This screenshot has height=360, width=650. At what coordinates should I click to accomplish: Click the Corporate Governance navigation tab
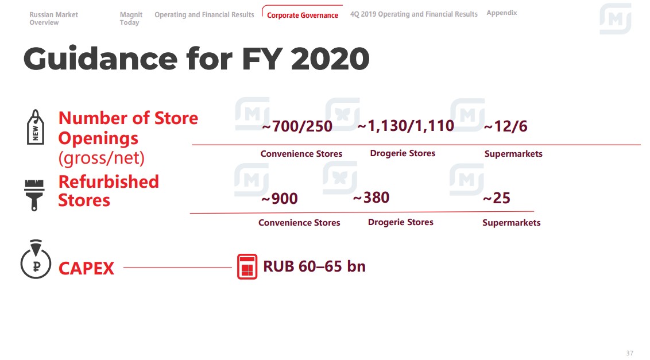[302, 16]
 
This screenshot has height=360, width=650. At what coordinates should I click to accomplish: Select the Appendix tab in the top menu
[502, 13]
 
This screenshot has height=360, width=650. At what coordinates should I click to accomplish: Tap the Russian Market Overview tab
[53, 18]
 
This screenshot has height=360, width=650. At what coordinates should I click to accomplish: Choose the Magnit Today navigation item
[131, 18]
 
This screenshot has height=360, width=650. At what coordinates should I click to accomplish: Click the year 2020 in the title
[330, 59]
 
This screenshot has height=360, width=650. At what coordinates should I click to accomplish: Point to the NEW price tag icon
[35, 127]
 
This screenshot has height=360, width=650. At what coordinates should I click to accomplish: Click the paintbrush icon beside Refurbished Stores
[34, 195]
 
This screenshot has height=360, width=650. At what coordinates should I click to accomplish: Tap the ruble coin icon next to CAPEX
[36, 259]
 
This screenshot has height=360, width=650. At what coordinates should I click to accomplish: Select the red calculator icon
[247, 266]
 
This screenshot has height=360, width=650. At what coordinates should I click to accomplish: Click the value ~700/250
[297, 126]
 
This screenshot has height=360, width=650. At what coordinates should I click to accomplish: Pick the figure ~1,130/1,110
[405, 126]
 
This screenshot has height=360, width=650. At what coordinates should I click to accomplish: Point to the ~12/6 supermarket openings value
[505, 126]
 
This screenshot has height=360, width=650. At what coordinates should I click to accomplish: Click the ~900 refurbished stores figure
[280, 198]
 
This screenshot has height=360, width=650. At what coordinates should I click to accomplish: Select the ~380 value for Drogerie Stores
[371, 198]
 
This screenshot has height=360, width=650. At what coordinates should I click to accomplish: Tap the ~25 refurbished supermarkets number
[497, 198]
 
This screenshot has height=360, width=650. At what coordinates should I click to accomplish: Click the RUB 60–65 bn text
[314, 266]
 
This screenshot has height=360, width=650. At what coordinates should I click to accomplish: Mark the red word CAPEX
[86, 268]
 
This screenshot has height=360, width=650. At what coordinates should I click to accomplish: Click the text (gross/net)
[101, 158]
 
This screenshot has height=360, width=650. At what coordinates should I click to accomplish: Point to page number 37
[629, 353]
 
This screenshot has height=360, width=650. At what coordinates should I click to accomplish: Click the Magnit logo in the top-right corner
[615, 19]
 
